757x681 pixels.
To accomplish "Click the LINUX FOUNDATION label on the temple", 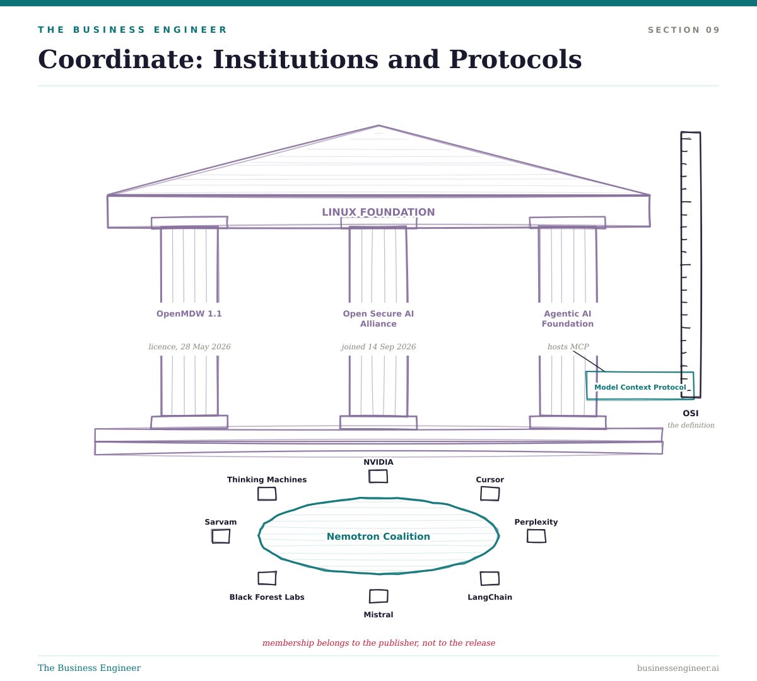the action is pyautogui.click(x=378, y=212).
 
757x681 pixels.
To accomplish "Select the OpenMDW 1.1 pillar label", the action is pyautogui.click(x=189, y=313).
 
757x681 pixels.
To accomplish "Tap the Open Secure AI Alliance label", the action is pyautogui.click(x=378, y=318).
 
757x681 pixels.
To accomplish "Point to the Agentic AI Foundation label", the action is pyautogui.click(x=568, y=318).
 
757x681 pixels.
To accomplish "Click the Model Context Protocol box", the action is pyautogui.click(x=640, y=385).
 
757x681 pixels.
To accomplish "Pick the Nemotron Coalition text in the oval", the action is pyautogui.click(x=378, y=536).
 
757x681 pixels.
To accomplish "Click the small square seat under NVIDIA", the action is pyautogui.click(x=378, y=476).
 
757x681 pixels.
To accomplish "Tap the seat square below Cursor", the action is pyautogui.click(x=490, y=494).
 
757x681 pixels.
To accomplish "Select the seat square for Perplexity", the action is pyautogui.click(x=536, y=536).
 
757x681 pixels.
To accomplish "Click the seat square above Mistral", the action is pyautogui.click(x=378, y=596).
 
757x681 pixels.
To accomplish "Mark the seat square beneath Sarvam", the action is pyautogui.click(x=221, y=536).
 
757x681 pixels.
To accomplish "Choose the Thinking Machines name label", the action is pyautogui.click(x=267, y=479).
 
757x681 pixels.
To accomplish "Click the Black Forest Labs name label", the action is pyautogui.click(x=267, y=597).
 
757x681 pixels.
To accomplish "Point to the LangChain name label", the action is pyautogui.click(x=490, y=597).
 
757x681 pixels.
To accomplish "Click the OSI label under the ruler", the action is pyautogui.click(x=691, y=413).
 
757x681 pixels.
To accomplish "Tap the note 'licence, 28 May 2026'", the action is pyautogui.click(x=189, y=347).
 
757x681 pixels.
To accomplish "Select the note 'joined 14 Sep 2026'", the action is pyautogui.click(x=378, y=347).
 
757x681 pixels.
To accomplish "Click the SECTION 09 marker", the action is pyautogui.click(x=683, y=30).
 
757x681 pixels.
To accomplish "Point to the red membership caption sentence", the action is pyautogui.click(x=378, y=643).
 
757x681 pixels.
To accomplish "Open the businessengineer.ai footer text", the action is pyautogui.click(x=678, y=668).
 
